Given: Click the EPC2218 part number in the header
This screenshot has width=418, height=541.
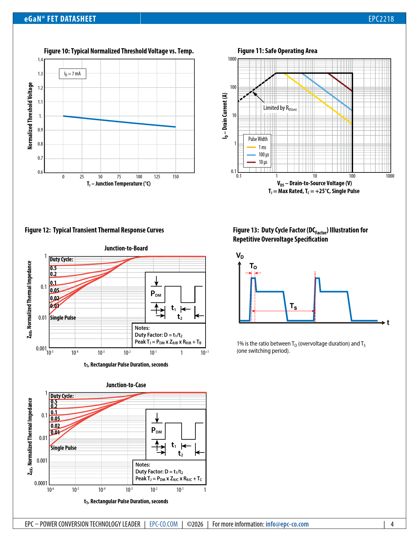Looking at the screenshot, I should pyautogui.click(x=381, y=19).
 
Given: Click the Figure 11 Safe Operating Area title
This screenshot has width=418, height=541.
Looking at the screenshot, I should pyautogui.click(x=277, y=51).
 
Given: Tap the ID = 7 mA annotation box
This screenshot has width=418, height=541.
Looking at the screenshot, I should pyautogui.click(x=72, y=74).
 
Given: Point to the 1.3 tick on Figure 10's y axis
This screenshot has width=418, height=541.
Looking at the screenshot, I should pyautogui.click(x=40, y=74).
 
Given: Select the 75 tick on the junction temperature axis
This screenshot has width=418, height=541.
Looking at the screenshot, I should pyautogui.click(x=119, y=177).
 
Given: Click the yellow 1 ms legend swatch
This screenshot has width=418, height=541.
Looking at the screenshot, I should pyautogui.click(x=251, y=147).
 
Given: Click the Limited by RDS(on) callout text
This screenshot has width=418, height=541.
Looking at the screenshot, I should pyautogui.click(x=280, y=108).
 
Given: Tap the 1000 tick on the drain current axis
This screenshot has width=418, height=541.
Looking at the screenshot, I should pyautogui.click(x=232, y=59).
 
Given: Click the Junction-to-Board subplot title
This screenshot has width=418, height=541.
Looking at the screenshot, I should pyautogui.click(x=126, y=248).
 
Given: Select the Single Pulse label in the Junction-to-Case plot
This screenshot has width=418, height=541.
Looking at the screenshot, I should pyautogui.click(x=64, y=448).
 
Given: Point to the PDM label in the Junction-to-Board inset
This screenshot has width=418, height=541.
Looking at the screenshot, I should pyautogui.click(x=156, y=294).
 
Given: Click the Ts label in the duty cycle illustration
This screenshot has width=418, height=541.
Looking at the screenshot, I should pyautogui.click(x=293, y=307).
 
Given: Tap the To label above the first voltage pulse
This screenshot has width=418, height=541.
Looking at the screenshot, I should pyautogui.click(x=253, y=266).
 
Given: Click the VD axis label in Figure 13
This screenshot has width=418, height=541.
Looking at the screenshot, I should pyautogui.click(x=240, y=255).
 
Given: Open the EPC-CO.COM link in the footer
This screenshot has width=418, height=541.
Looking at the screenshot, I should pyautogui.click(x=164, y=524).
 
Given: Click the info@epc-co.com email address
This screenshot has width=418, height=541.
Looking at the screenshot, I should pyautogui.click(x=287, y=524).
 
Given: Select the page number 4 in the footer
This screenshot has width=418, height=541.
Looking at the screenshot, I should pyautogui.click(x=392, y=524).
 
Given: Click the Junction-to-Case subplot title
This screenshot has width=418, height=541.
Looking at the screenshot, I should pyautogui.click(x=126, y=385).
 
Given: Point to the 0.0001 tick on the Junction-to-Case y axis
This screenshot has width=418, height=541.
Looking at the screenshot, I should pyautogui.click(x=41, y=483).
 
